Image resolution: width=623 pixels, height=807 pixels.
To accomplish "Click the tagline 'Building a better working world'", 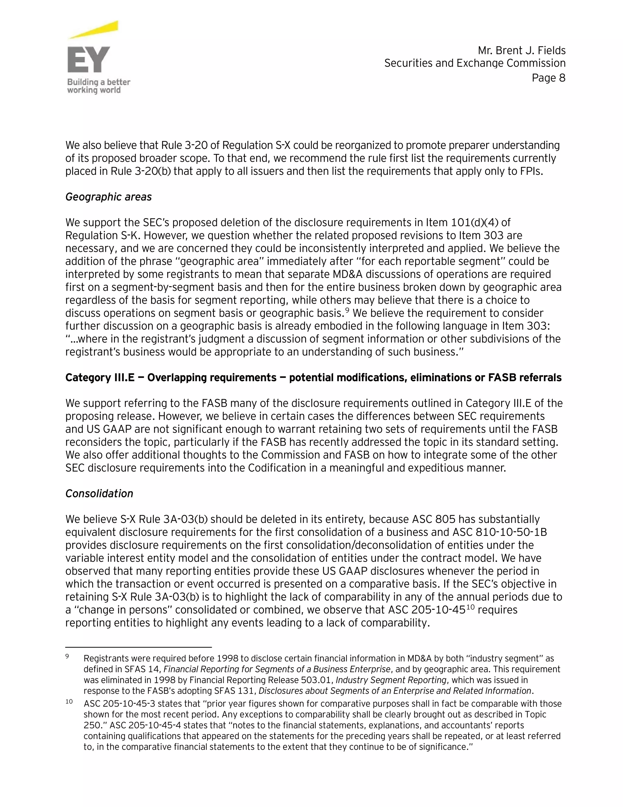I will click(x=98, y=86).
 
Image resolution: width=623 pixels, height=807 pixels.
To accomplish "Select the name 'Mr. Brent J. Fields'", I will click(x=521, y=50).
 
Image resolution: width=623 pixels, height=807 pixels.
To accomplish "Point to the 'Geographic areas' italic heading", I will click(x=109, y=197).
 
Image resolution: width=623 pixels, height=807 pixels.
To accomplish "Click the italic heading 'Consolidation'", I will click(x=99, y=494).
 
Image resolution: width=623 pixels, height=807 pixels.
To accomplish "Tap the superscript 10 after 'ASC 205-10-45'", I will click(x=470, y=606).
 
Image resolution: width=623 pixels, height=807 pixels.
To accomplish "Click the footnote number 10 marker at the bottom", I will click(x=69, y=702).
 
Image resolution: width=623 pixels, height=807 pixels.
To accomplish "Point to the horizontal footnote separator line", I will click(x=138, y=647).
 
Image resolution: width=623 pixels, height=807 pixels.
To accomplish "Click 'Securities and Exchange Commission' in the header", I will click(x=475, y=63).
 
